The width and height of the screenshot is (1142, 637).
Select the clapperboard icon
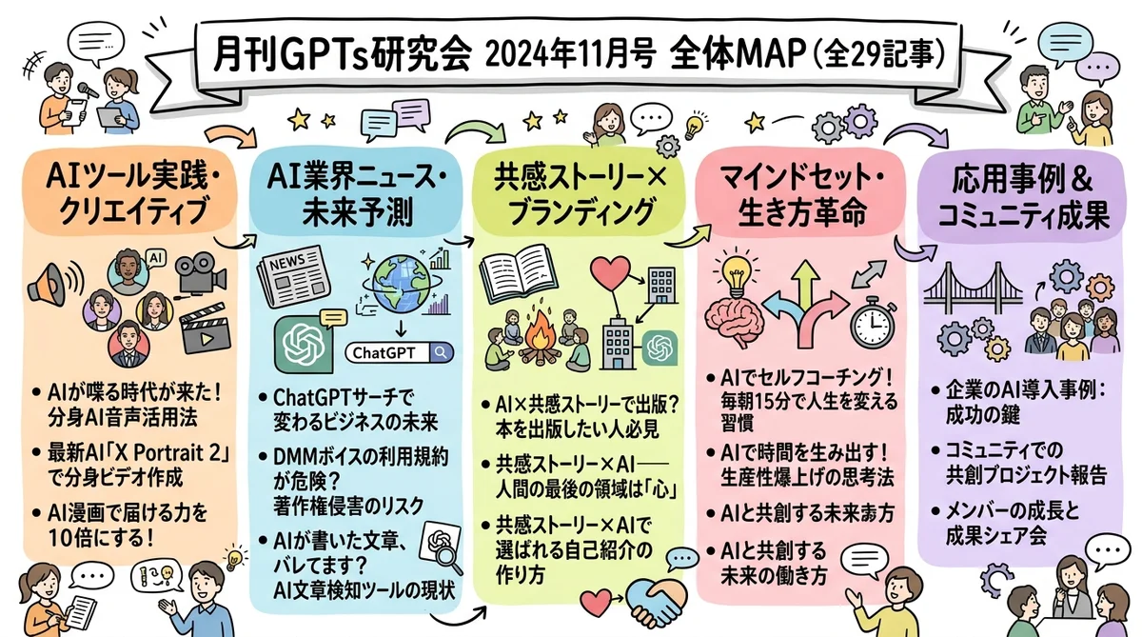coord(208,327)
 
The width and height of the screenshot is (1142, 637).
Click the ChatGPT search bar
coord(399,352)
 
